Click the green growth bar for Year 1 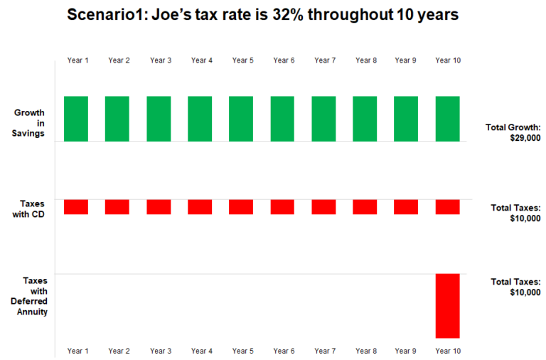click(x=76, y=119)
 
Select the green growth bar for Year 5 click(x=241, y=119)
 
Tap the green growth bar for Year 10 click(x=447, y=119)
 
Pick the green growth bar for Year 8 click(x=365, y=119)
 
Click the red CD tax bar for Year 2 click(x=117, y=206)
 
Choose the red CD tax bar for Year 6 click(x=282, y=206)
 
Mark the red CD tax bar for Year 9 click(x=406, y=206)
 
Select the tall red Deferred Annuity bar click(x=447, y=305)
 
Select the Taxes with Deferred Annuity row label click(x=33, y=296)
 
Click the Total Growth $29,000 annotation click(x=513, y=132)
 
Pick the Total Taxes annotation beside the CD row click(x=515, y=213)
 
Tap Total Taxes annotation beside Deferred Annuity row click(x=515, y=287)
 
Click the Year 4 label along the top click(x=201, y=60)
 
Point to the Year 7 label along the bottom click(x=325, y=351)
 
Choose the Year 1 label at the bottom click(x=77, y=351)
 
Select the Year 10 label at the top click(x=447, y=60)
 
